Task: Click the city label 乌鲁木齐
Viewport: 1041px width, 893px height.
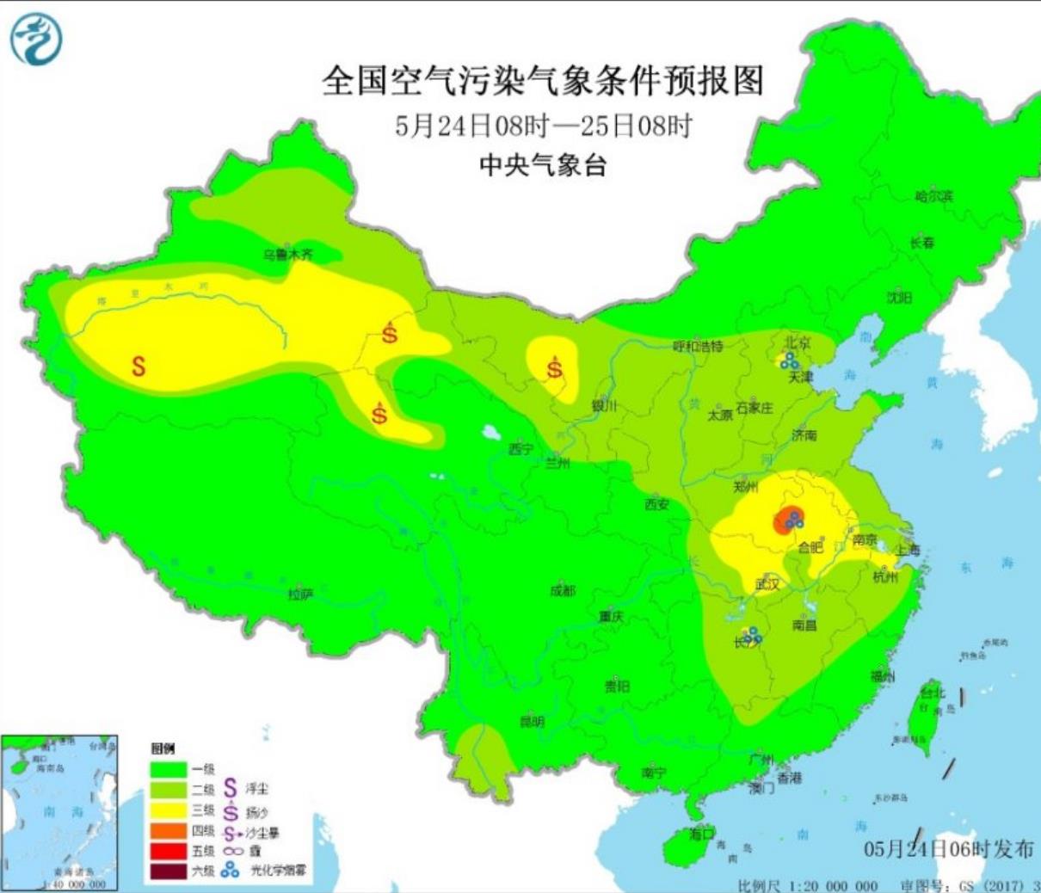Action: pyautogui.click(x=288, y=255)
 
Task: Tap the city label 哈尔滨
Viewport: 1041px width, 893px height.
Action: pyautogui.click(x=934, y=196)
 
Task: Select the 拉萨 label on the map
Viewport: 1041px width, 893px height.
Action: pyautogui.click(x=300, y=594)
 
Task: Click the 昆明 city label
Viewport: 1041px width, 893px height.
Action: pyautogui.click(x=532, y=722)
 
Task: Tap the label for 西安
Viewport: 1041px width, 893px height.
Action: pyautogui.click(x=656, y=504)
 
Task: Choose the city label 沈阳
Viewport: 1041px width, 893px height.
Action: pyautogui.click(x=899, y=298)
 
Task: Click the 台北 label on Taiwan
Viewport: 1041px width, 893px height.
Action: pyautogui.click(x=933, y=693)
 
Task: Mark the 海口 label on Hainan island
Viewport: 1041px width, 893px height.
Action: pyautogui.click(x=702, y=834)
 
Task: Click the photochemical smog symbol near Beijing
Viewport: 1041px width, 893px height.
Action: pyautogui.click(x=788, y=359)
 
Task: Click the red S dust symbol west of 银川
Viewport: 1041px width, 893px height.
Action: pyautogui.click(x=555, y=369)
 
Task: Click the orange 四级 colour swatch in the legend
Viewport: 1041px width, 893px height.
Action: pyautogui.click(x=169, y=831)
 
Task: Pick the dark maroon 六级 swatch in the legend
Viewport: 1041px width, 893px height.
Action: pyautogui.click(x=169, y=871)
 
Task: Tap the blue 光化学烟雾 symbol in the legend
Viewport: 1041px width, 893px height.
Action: pyautogui.click(x=230, y=871)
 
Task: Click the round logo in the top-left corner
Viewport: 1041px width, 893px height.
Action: pyautogui.click(x=36, y=38)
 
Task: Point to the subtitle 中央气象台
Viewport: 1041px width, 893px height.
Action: pyautogui.click(x=543, y=165)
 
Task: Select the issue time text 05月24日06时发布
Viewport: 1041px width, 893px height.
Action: pyautogui.click(x=948, y=849)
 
